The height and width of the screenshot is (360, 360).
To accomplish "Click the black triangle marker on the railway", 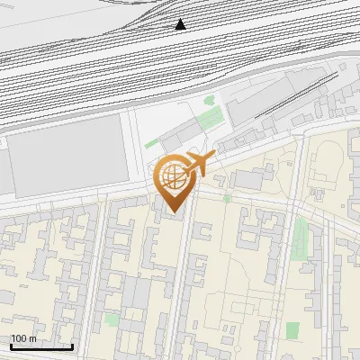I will pos(181,24).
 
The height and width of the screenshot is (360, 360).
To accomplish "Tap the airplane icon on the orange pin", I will pos(198,164).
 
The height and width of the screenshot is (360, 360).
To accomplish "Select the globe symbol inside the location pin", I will pos(174,177).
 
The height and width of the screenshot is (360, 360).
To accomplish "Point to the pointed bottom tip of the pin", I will pos(174,212).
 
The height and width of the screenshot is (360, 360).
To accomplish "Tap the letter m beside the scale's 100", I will pos(32,338).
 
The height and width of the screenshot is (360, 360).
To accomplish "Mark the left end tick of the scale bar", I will pos(10,345).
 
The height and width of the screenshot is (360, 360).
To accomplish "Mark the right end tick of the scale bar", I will pos(73,345).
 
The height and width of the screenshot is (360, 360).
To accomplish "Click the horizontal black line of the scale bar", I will pos(41,346).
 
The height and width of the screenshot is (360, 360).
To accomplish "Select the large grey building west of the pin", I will pos(68,152).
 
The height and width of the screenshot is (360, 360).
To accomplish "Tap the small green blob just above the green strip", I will pos(210,101).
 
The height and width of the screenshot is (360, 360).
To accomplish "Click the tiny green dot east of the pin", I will pos(228,198).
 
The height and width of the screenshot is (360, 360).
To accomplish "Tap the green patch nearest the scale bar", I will pos(111,319).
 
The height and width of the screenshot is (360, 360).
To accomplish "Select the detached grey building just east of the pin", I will pos(249,180).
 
